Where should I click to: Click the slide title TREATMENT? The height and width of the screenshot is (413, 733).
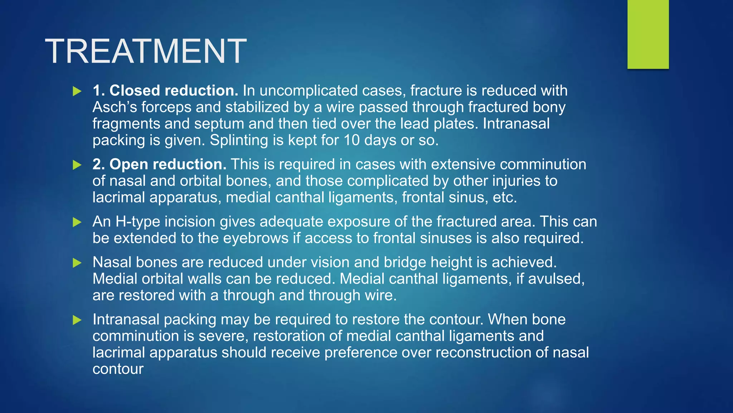[x=146, y=51]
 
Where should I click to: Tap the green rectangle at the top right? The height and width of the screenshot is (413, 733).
[x=648, y=34]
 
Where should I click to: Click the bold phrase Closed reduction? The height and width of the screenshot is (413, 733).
[x=174, y=91]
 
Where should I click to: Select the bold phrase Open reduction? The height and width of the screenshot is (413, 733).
[x=168, y=165]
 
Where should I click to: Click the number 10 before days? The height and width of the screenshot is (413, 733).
[x=351, y=140]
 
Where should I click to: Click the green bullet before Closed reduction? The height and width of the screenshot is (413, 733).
[x=77, y=91]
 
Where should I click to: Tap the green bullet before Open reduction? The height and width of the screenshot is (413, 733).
[x=77, y=165]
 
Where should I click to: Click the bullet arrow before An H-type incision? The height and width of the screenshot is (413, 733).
[x=77, y=222]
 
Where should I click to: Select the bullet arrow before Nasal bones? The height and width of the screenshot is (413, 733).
[x=77, y=263]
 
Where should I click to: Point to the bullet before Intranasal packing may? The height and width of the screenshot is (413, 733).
[x=77, y=320]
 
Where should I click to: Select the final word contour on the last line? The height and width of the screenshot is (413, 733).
[x=118, y=369]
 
